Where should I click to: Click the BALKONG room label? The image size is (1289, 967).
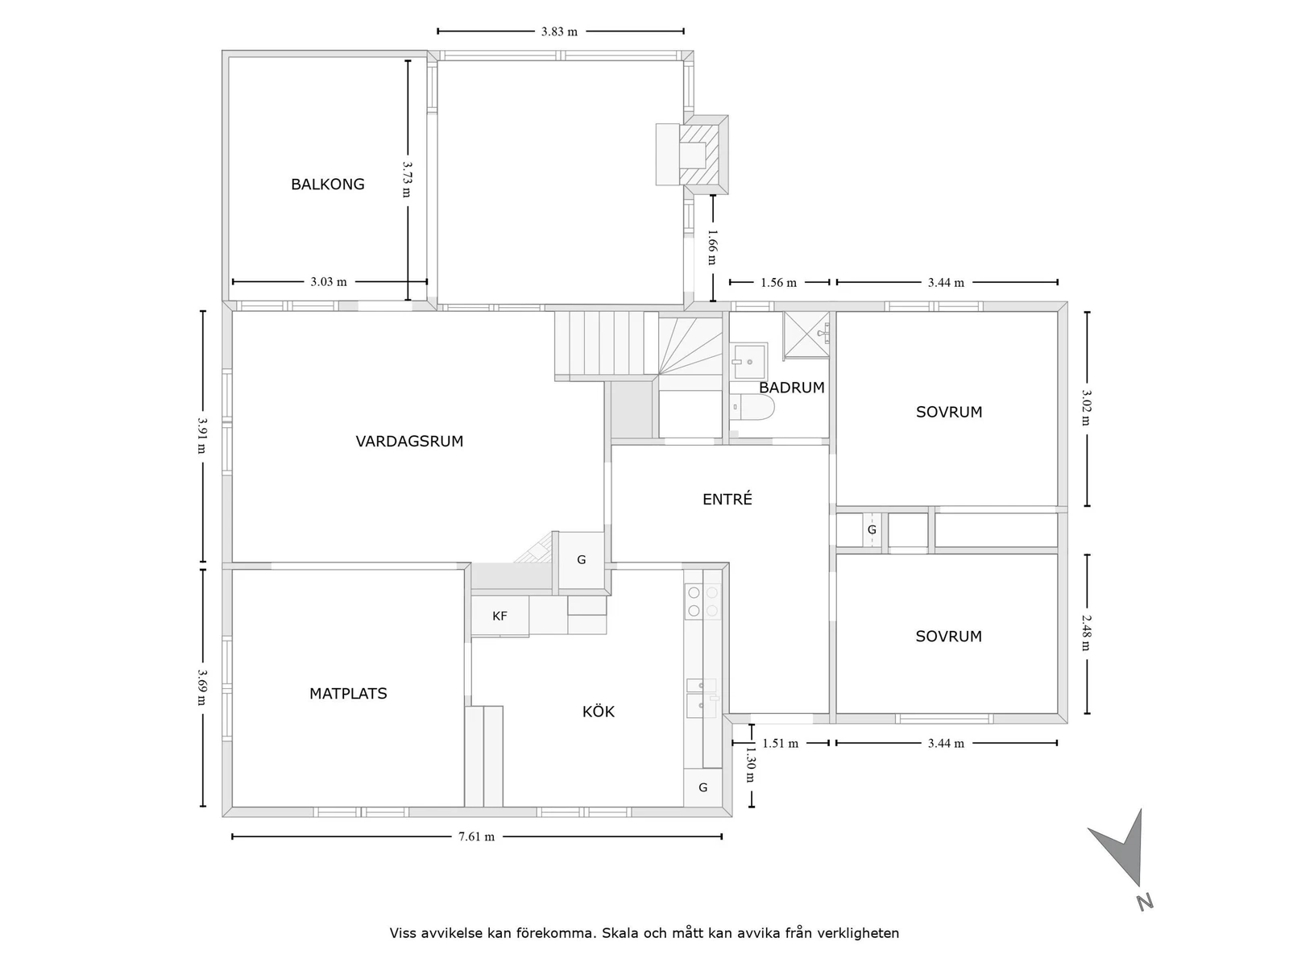click(x=327, y=185)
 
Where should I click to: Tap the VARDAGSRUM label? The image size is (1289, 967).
click(x=409, y=441)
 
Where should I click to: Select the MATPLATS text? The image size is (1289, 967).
click(x=348, y=693)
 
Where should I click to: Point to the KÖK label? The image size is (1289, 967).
click(x=598, y=712)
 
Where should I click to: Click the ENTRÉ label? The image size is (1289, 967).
click(x=727, y=499)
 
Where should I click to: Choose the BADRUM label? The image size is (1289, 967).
click(x=791, y=388)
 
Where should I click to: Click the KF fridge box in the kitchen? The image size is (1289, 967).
click(x=499, y=616)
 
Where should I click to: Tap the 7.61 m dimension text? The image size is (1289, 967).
click(x=476, y=836)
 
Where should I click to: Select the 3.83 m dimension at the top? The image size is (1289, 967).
click(x=559, y=31)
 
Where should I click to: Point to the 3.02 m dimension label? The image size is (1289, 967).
click(x=1087, y=409)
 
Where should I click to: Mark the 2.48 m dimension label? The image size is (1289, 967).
click(x=1087, y=633)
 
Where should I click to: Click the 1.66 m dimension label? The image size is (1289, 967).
click(x=713, y=247)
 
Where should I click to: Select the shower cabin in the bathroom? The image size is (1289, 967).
click(x=806, y=334)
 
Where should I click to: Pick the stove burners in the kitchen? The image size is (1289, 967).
click(x=703, y=602)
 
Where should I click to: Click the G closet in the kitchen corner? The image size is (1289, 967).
click(x=703, y=787)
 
